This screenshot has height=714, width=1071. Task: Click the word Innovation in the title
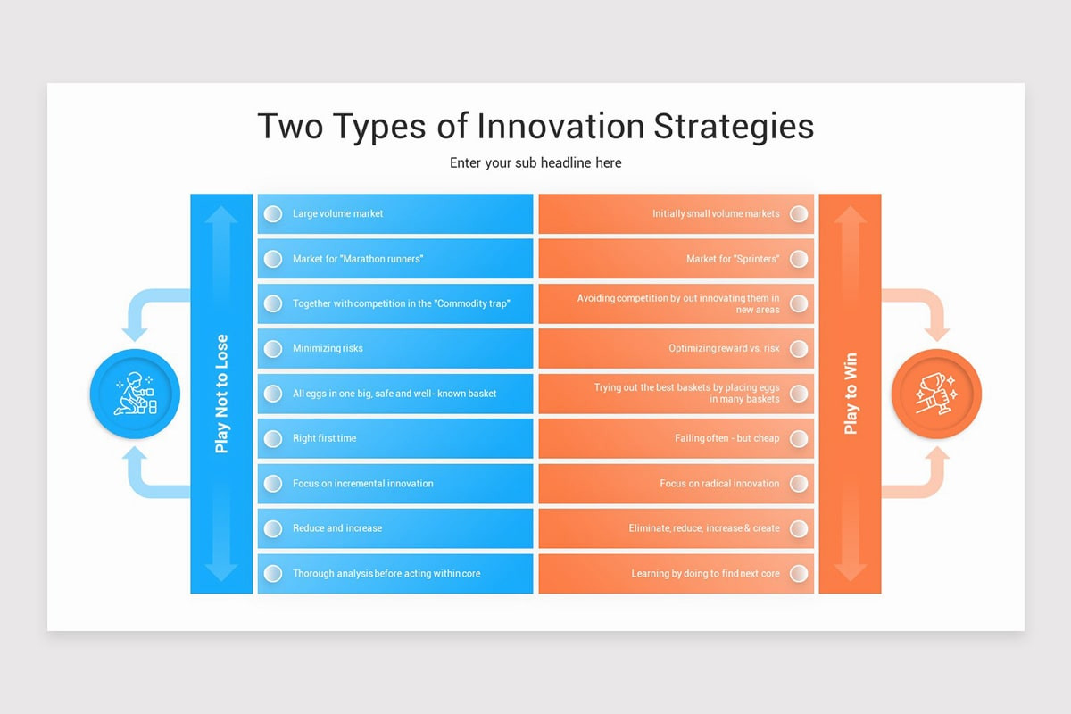[x=560, y=126]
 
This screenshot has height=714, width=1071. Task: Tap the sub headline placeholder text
[x=535, y=162]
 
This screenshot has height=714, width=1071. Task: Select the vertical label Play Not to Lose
[x=221, y=394]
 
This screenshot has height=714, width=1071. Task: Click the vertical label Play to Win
[x=851, y=394]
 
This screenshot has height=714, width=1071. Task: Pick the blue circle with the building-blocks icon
[x=135, y=394]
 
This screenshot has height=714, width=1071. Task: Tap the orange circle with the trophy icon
[x=936, y=394]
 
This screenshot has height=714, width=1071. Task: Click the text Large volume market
[x=337, y=214]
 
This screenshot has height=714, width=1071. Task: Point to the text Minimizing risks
[x=328, y=348]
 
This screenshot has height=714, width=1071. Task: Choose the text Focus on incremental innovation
[x=362, y=483]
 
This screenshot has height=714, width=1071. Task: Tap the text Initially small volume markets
[x=716, y=214]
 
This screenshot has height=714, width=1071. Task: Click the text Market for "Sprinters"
[x=733, y=259]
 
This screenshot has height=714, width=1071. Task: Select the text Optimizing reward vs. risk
[x=724, y=348]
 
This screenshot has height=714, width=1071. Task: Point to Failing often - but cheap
[x=727, y=438]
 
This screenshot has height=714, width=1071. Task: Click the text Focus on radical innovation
[x=719, y=483]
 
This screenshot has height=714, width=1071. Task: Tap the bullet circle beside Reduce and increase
[x=273, y=528]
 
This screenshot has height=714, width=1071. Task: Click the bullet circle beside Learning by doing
[x=799, y=573]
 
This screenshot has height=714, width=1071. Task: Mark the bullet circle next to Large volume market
[x=273, y=214]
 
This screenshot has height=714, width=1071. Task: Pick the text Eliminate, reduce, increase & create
[x=704, y=528]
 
